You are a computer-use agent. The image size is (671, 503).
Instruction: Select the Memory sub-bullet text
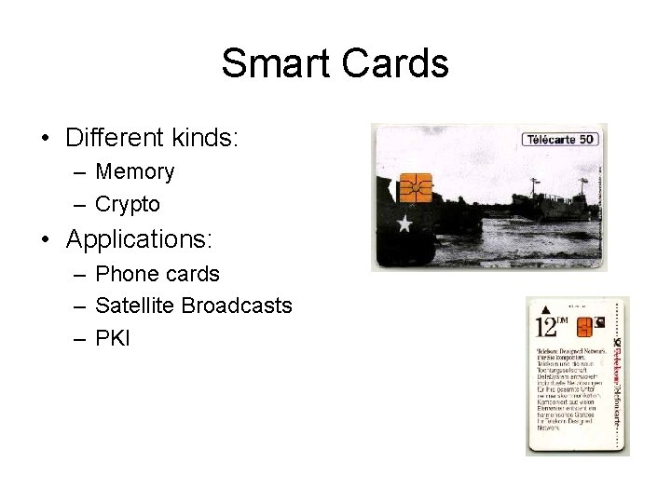click(x=134, y=172)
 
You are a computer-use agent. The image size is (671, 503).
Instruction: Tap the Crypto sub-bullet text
click(x=128, y=204)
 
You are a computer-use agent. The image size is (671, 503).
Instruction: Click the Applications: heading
click(x=139, y=239)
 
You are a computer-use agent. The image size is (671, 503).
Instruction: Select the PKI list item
click(x=113, y=337)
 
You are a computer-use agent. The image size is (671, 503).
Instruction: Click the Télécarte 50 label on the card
click(x=559, y=140)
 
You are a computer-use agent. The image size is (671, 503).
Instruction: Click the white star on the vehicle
click(x=404, y=224)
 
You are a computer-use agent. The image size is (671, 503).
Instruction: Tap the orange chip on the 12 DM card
click(x=584, y=326)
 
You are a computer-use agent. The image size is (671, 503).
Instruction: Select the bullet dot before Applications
click(x=46, y=240)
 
